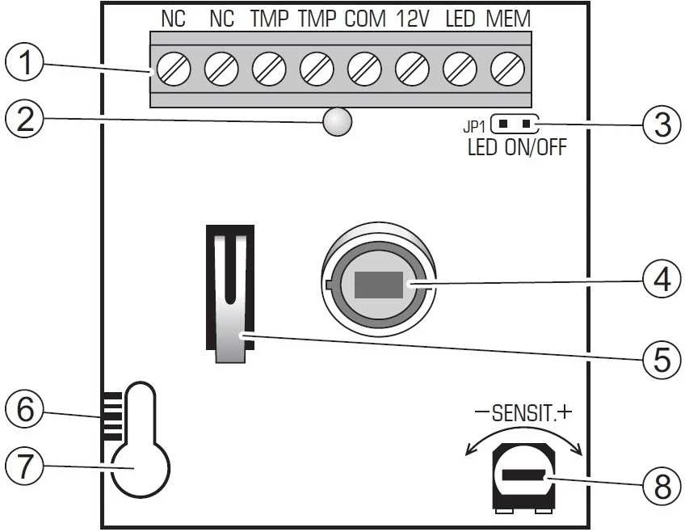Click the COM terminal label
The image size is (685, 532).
(x=365, y=19)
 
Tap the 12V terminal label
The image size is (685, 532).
(x=413, y=19)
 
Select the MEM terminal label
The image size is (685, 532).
(x=508, y=19)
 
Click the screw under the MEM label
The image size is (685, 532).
(x=507, y=69)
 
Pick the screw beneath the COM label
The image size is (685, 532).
(x=364, y=69)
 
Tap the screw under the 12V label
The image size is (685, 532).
(x=412, y=69)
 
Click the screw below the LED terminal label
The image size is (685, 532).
(x=460, y=69)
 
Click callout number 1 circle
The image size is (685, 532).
(x=24, y=62)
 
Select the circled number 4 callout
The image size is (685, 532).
(x=662, y=278)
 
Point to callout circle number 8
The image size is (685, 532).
(x=662, y=486)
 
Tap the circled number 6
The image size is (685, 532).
(x=24, y=410)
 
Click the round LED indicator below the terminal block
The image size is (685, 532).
(x=337, y=121)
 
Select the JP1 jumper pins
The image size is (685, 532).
(x=515, y=125)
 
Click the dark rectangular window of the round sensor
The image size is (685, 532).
(x=379, y=285)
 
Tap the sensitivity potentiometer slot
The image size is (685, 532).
(x=523, y=475)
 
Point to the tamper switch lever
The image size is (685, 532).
(x=231, y=298)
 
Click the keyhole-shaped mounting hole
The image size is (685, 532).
(x=141, y=439)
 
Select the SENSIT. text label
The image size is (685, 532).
(x=522, y=413)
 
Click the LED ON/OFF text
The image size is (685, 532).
(x=517, y=147)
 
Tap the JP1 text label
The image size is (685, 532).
(x=474, y=127)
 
